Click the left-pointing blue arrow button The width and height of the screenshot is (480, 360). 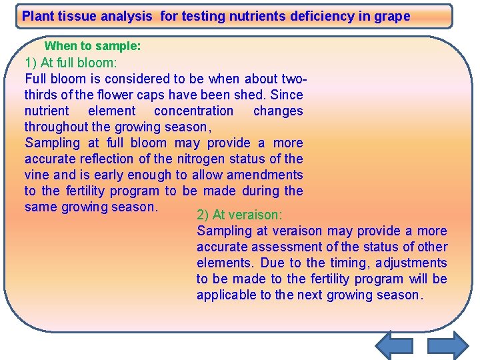click(394, 346)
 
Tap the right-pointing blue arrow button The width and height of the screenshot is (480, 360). click(447, 346)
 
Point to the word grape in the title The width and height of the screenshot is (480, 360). click(393, 16)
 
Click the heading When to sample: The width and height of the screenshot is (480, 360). click(92, 46)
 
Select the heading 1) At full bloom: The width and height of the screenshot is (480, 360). click(71, 63)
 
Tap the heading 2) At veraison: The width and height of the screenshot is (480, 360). click(239, 215)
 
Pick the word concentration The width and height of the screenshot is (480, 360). click(194, 111)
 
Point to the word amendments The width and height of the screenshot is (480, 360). click(266, 175)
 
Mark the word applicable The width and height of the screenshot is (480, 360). click(226, 295)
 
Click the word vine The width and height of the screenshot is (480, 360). click(37, 175)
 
